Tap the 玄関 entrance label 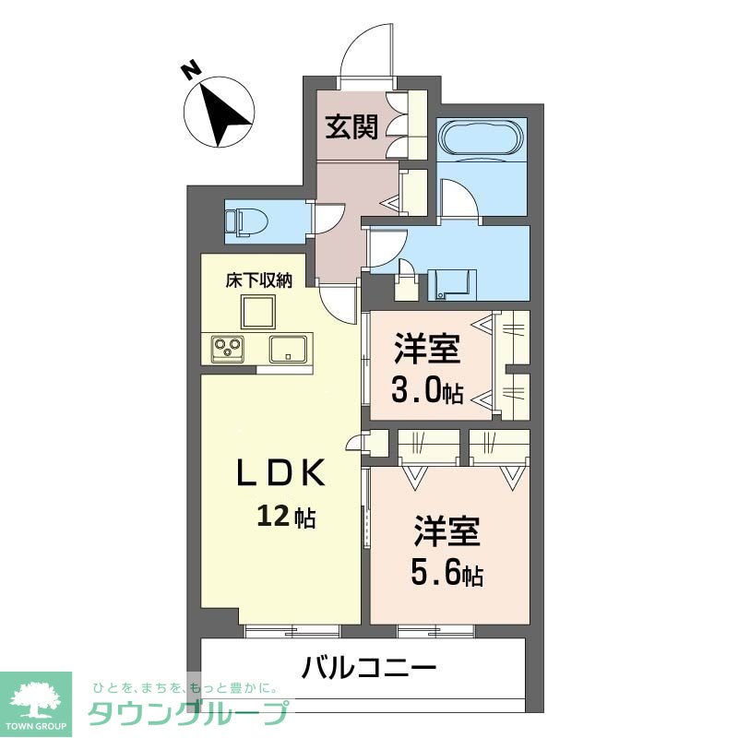coord(351,126)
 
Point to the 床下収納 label coord(259,281)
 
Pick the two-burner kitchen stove coord(228,349)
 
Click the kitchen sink coord(290,349)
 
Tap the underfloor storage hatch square coord(259,312)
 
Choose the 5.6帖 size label coord(446,576)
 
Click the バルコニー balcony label coord(368,667)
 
